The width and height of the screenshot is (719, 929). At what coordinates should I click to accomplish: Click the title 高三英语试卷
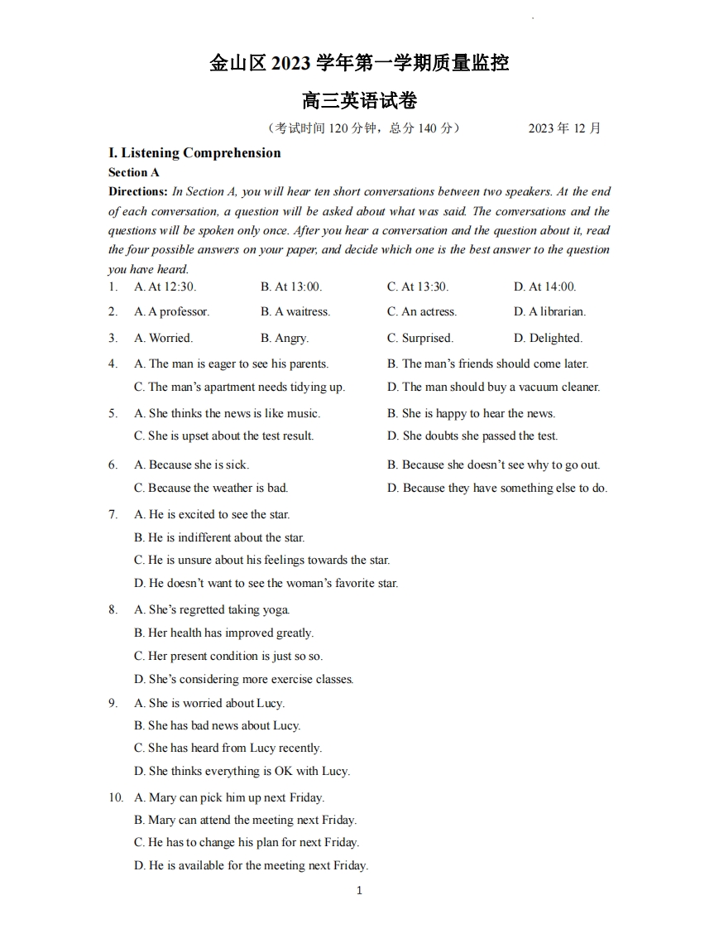(x=359, y=101)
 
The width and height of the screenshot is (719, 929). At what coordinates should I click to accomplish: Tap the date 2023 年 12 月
(x=564, y=128)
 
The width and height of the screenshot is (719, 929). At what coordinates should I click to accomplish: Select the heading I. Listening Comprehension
(x=194, y=153)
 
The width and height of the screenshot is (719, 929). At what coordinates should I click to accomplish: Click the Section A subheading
(x=133, y=173)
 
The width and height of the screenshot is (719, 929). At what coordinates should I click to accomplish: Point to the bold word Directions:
(x=137, y=191)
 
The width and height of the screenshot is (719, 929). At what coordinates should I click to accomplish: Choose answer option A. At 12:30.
(x=165, y=286)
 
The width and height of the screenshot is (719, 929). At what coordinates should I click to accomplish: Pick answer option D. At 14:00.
(x=544, y=286)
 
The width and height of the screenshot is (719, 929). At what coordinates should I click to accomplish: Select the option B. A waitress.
(x=295, y=312)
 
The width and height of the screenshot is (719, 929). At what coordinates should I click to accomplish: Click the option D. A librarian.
(x=549, y=312)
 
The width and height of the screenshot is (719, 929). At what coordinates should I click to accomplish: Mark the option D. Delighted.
(x=548, y=338)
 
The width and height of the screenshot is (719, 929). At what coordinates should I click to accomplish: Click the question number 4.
(x=113, y=363)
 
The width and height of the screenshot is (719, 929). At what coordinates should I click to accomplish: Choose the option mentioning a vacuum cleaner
(x=493, y=387)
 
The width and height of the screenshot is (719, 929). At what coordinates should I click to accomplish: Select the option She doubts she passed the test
(x=472, y=436)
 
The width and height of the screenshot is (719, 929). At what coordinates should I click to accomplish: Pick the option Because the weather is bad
(x=211, y=488)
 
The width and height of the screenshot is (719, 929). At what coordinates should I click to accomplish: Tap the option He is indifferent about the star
(x=219, y=537)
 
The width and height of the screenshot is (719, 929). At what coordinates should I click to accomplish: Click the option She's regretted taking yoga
(x=212, y=609)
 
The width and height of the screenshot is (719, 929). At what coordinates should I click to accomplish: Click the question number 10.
(x=115, y=797)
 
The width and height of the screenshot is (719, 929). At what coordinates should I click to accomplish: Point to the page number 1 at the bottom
(x=359, y=891)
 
